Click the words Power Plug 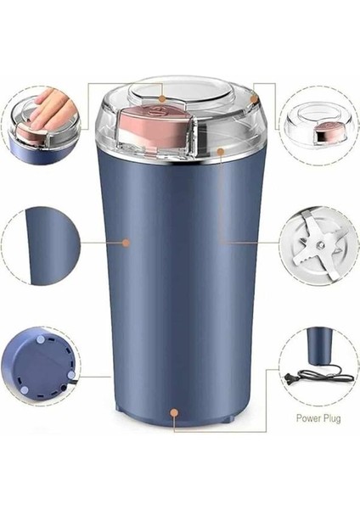(x=318, y=418)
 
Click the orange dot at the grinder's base (x=174, y=414)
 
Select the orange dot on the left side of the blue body (x=127, y=242)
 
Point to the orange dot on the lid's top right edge (x=253, y=100)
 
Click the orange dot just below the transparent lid (x=220, y=153)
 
